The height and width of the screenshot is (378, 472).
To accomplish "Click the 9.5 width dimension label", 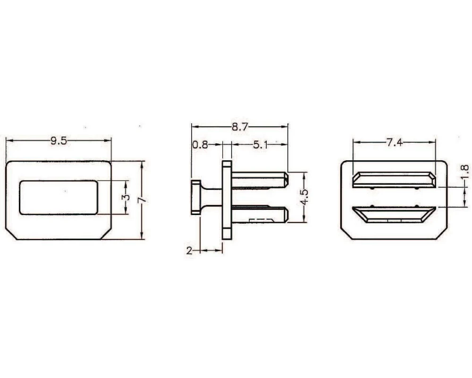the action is pos(59,140).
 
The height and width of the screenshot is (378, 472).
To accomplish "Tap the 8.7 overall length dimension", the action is pos(240,127).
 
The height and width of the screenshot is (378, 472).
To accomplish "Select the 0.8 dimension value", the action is pos(200,145).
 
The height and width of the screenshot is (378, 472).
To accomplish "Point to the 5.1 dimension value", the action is pos(261,145).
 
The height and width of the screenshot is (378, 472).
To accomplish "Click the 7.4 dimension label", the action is pos(395,142).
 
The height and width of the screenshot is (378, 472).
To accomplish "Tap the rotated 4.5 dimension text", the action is pos(304,197).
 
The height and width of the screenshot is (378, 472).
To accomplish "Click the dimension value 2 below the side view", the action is pos(189,250).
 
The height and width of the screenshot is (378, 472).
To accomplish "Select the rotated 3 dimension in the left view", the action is pos(126,198).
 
